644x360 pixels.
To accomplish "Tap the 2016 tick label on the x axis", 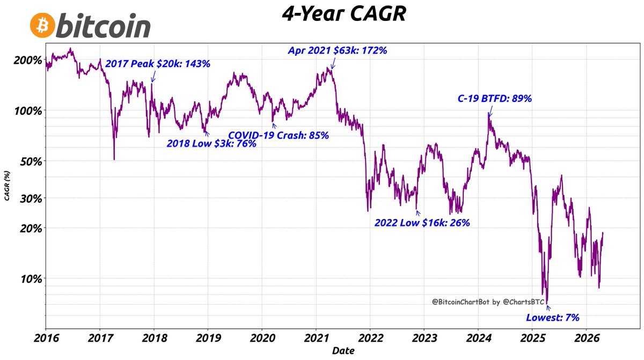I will [x=46, y=340].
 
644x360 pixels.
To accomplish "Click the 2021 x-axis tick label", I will [x=316, y=340].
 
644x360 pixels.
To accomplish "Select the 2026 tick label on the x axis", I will [x=586, y=340].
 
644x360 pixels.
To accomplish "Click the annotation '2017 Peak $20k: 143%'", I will [x=158, y=63].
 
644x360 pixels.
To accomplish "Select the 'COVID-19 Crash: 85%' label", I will [x=279, y=135].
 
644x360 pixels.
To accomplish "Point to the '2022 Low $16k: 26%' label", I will [x=422, y=222].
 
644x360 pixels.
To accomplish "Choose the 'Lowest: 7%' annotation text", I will [x=553, y=318].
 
